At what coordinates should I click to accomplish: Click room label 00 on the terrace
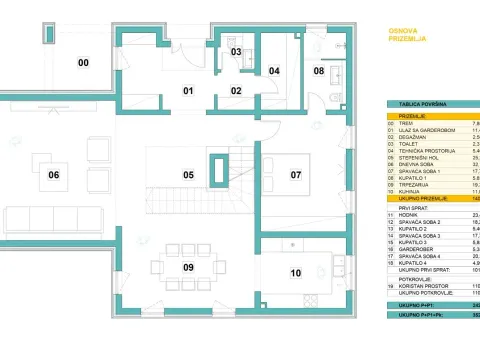click(84, 63)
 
